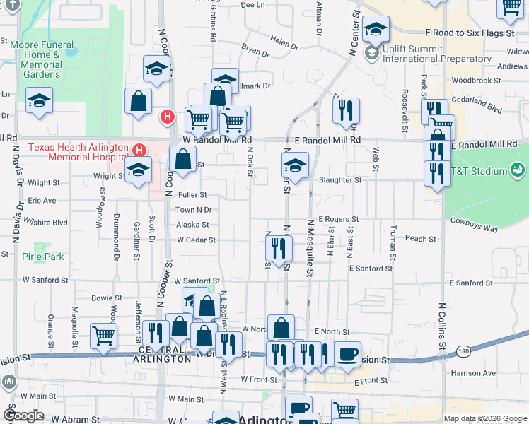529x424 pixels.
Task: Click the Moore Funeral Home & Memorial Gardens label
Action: tap(42, 59)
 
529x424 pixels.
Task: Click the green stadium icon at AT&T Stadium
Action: tap(517, 170)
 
